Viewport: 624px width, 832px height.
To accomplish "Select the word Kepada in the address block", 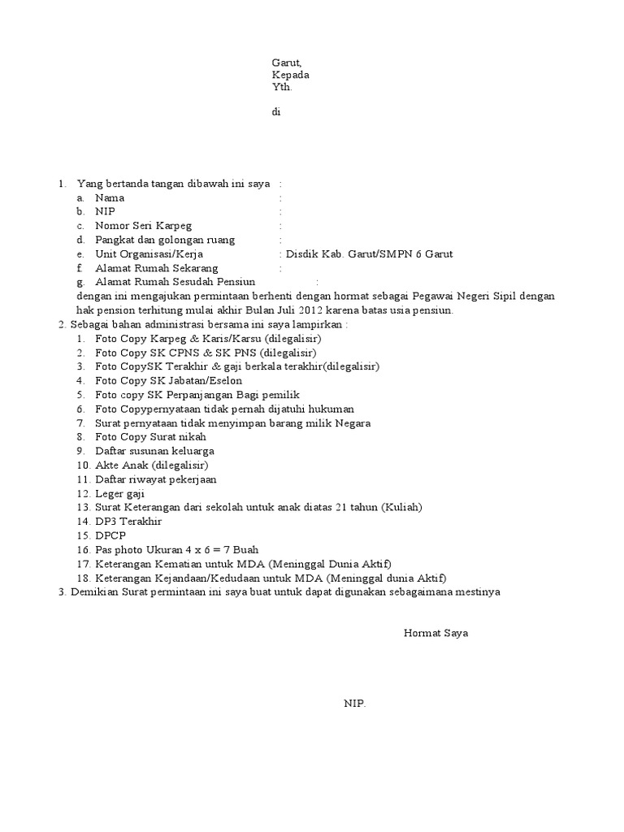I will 289,76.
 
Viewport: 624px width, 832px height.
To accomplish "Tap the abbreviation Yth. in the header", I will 280,88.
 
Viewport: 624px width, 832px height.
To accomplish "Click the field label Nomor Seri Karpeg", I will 144,226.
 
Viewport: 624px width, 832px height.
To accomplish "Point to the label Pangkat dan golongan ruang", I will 165,240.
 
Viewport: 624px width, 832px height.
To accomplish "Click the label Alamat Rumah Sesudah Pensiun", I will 175,282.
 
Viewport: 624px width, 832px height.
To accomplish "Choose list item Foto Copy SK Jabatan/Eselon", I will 159,380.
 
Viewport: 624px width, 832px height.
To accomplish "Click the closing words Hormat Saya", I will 435,633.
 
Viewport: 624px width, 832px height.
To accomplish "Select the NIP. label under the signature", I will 354,704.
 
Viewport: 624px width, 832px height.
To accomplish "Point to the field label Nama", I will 110,198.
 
